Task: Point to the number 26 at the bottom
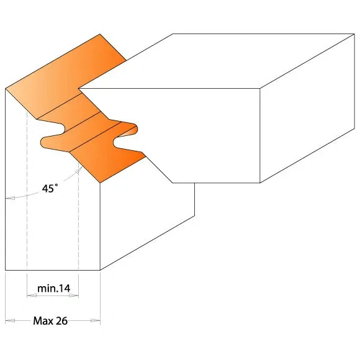click(x=60, y=321)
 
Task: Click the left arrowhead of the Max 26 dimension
click(x=8, y=321)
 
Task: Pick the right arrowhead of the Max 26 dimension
click(x=97, y=321)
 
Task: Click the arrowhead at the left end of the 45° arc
click(x=8, y=199)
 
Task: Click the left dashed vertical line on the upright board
click(x=27, y=199)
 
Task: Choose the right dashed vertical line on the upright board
click(x=79, y=217)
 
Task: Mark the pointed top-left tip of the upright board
click(x=6, y=88)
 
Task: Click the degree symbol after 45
click(x=58, y=186)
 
